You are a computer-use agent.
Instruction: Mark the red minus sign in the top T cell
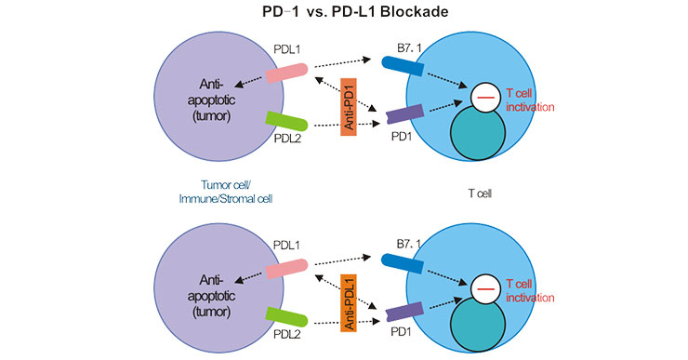tap(483, 97)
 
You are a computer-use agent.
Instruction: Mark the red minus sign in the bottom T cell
tap(483, 290)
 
